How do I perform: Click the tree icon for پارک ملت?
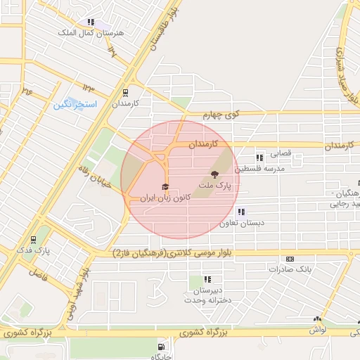pyautogui.click(x=214, y=175)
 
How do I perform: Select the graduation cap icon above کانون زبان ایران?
pyautogui.click(x=165, y=187)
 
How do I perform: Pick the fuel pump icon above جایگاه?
pyautogui.click(x=162, y=347)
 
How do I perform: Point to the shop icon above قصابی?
pyautogui.click(x=259, y=157)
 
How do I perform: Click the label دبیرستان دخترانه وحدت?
pyautogui.click(x=207, y=295)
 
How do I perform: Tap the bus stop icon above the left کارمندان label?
pyautogui.click(x=125, y=92)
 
